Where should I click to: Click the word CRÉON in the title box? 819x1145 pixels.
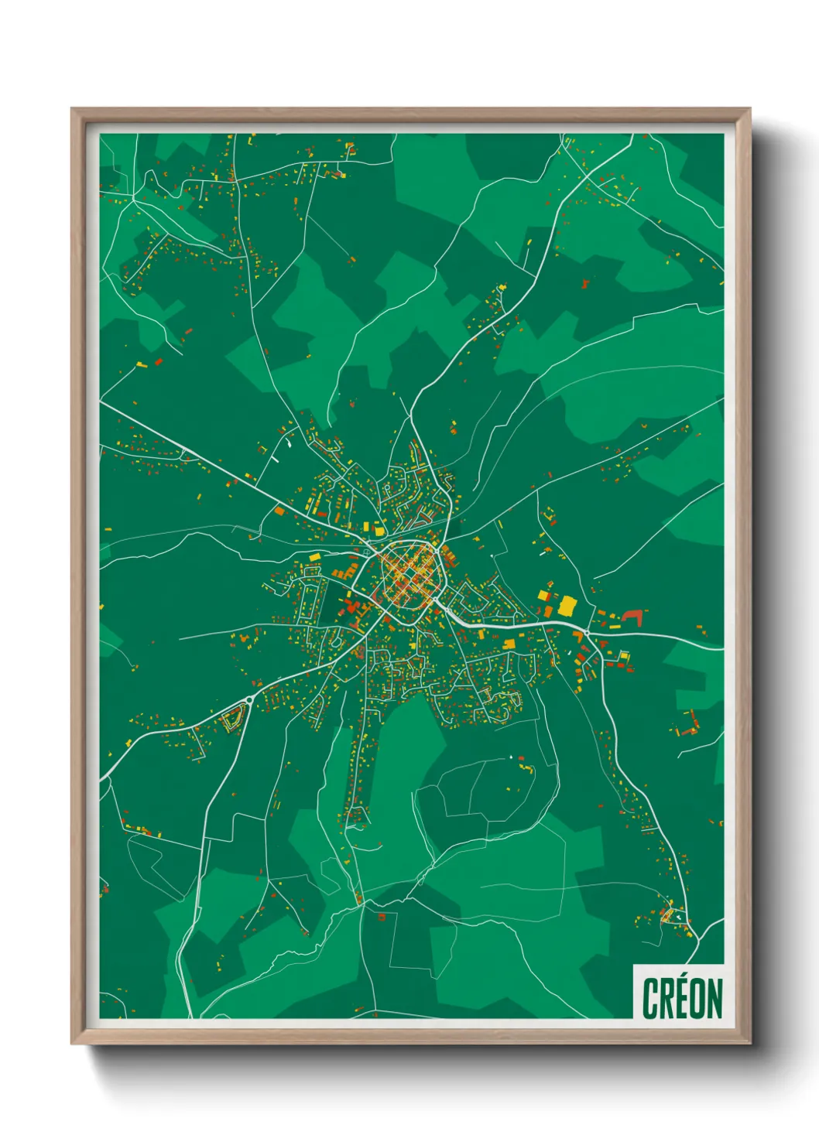681,998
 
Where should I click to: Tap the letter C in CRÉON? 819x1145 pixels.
650,999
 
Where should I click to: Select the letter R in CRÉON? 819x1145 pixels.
666,999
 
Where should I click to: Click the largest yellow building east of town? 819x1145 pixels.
567,605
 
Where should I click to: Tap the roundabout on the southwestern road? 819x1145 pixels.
249,700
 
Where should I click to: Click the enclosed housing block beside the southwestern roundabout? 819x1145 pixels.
232,719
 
